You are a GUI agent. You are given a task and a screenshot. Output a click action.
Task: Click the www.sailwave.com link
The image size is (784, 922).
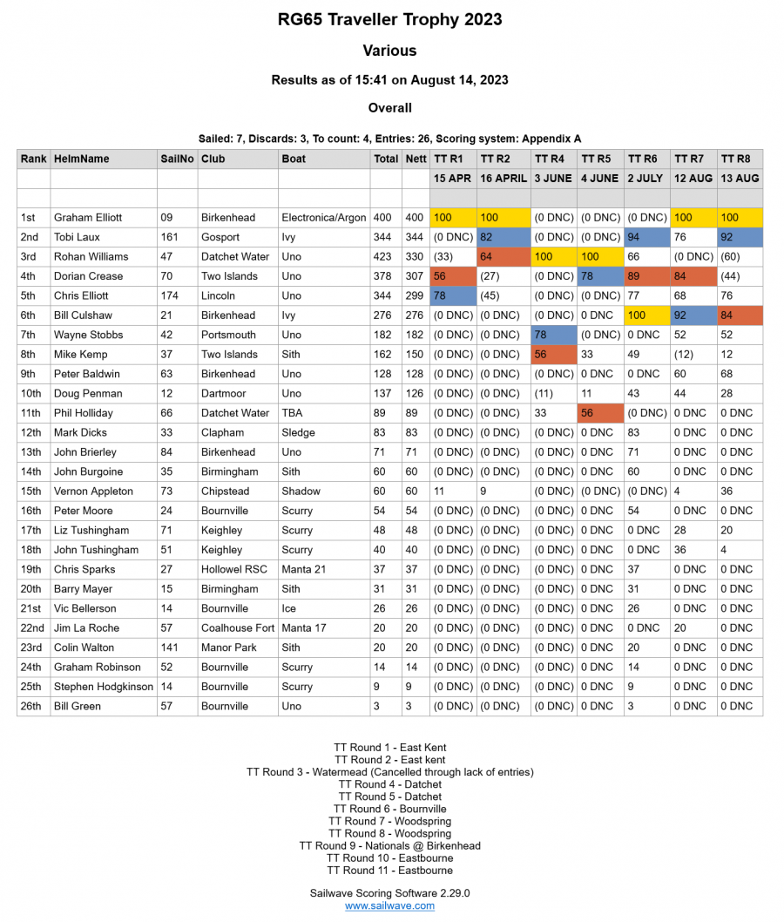coord(389,905)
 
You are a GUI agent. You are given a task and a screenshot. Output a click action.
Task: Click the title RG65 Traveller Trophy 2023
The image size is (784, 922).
coord(389,19)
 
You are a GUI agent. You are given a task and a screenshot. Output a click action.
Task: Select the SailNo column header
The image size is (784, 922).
coord(177,159)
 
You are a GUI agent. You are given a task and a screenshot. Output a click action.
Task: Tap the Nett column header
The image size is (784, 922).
coord(416,159)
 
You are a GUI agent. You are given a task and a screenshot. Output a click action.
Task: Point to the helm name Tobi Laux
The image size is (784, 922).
coord(77,237)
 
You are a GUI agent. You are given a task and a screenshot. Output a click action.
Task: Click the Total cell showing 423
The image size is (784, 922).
coord(384,256)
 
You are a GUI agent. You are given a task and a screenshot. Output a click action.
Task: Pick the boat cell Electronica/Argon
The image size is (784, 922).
coord(323,217)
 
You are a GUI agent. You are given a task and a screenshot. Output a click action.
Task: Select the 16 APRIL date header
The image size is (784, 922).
coord(504,178)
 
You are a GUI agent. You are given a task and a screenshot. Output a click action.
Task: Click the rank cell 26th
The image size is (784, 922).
coord(32,706)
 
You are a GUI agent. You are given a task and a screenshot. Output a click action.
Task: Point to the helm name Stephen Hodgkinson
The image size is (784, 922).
coord(104,686)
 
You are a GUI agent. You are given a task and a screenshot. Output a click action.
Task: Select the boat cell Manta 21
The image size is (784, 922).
coord(303,569)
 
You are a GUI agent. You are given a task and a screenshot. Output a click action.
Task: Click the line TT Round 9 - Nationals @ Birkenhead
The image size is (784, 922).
coord(389,845)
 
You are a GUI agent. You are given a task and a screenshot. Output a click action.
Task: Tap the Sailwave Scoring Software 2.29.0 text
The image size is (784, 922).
coord(389,892)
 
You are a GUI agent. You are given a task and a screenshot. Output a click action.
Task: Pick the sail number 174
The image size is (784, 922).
coord(171,295)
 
